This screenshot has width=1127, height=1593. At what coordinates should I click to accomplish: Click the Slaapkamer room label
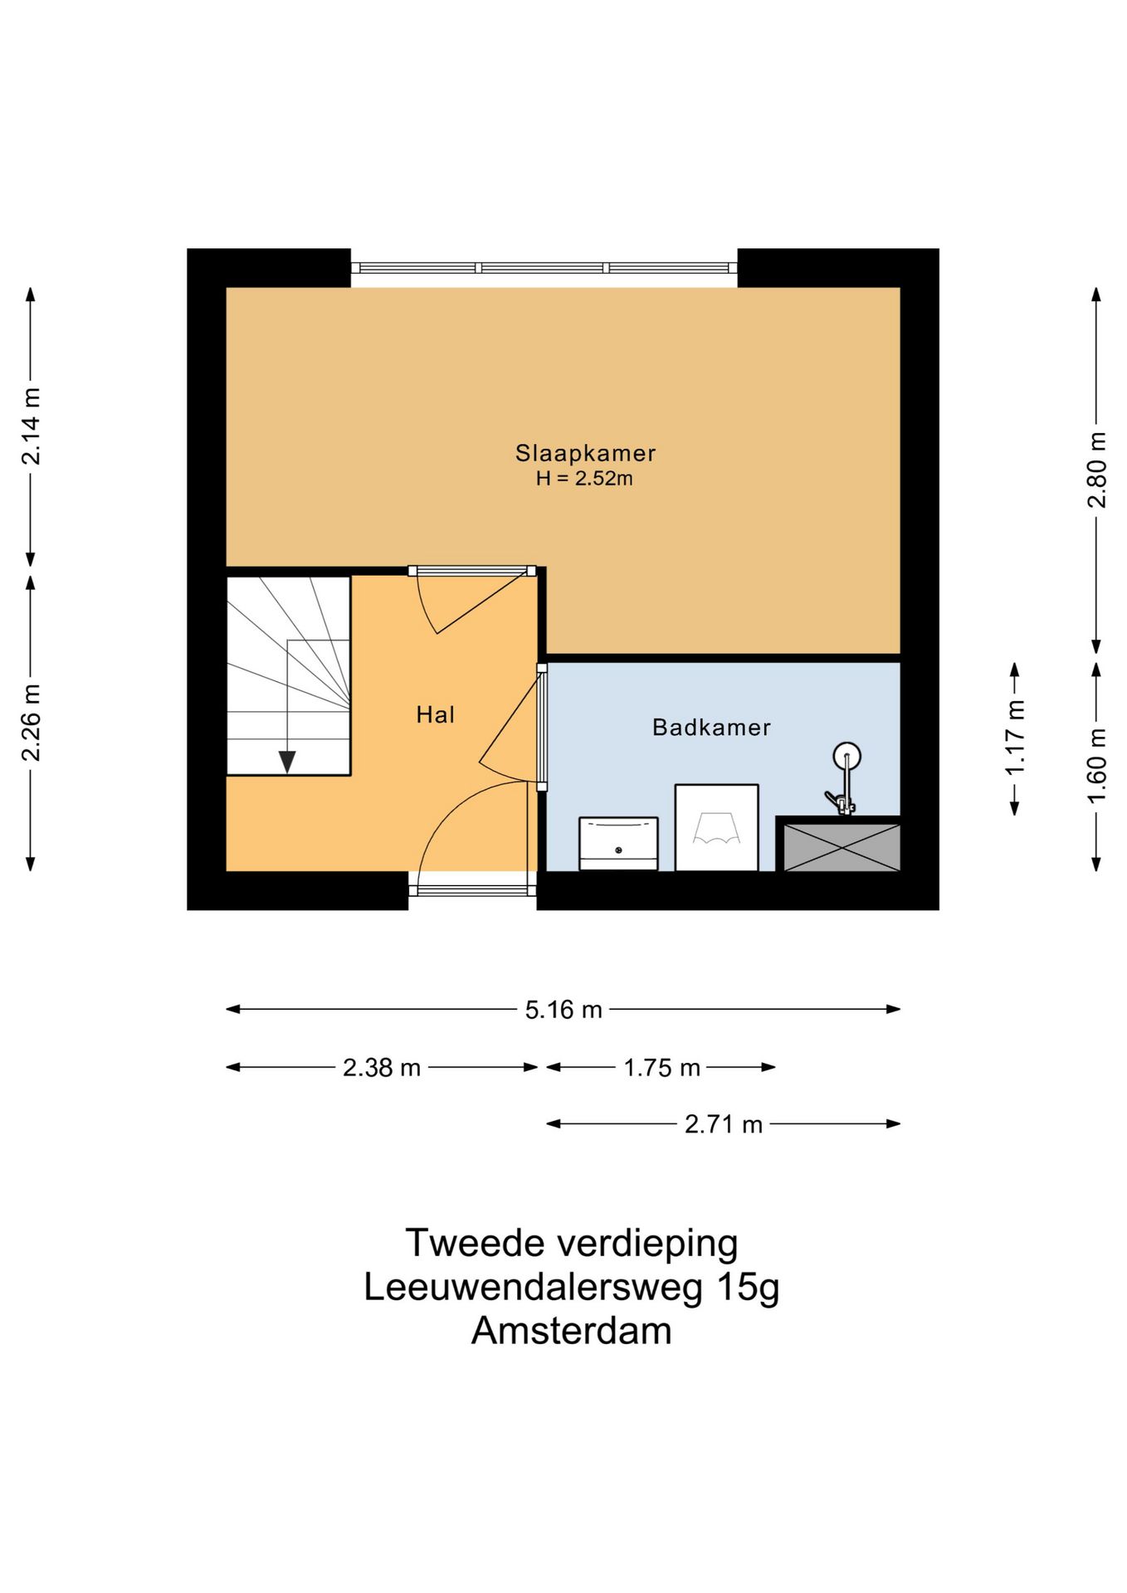tap(585, 453)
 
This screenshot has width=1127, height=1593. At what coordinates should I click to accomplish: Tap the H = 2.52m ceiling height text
tap(584, 479)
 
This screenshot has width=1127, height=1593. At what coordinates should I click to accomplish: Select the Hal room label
tap(435, 714)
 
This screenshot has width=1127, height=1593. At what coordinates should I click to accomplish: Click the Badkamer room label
tap(711, 728)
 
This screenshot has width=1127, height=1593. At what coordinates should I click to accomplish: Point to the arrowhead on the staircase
tap(287, 761)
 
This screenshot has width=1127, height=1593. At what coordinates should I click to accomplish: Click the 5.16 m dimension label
tap(563, 1010)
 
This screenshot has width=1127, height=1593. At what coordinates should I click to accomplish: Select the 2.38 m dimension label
tap(382, 1067)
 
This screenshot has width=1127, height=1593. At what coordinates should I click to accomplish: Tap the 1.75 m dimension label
tap(661, 1067)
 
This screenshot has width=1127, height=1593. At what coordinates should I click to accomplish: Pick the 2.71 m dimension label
tap(723, 1124)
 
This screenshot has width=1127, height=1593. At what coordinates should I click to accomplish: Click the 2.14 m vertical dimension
tap(31, 426)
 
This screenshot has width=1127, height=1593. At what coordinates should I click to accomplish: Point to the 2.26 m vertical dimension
tap(31, 723)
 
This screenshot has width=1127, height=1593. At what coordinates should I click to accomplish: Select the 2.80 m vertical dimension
tap(1096, 470)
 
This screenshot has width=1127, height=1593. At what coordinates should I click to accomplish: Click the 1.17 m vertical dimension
tap(1015, 738)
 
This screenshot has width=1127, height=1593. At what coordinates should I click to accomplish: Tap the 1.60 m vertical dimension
tap(1096, 765)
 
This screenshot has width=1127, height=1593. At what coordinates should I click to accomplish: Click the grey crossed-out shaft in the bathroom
tap(842, 847)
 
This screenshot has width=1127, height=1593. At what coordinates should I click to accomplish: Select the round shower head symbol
tap(846, 756)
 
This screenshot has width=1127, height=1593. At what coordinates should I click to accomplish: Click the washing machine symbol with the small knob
tap(618, 844)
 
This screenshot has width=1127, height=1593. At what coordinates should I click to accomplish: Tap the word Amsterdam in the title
tap(571, 1331)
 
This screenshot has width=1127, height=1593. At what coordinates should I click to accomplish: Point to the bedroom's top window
tap(544, 268)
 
